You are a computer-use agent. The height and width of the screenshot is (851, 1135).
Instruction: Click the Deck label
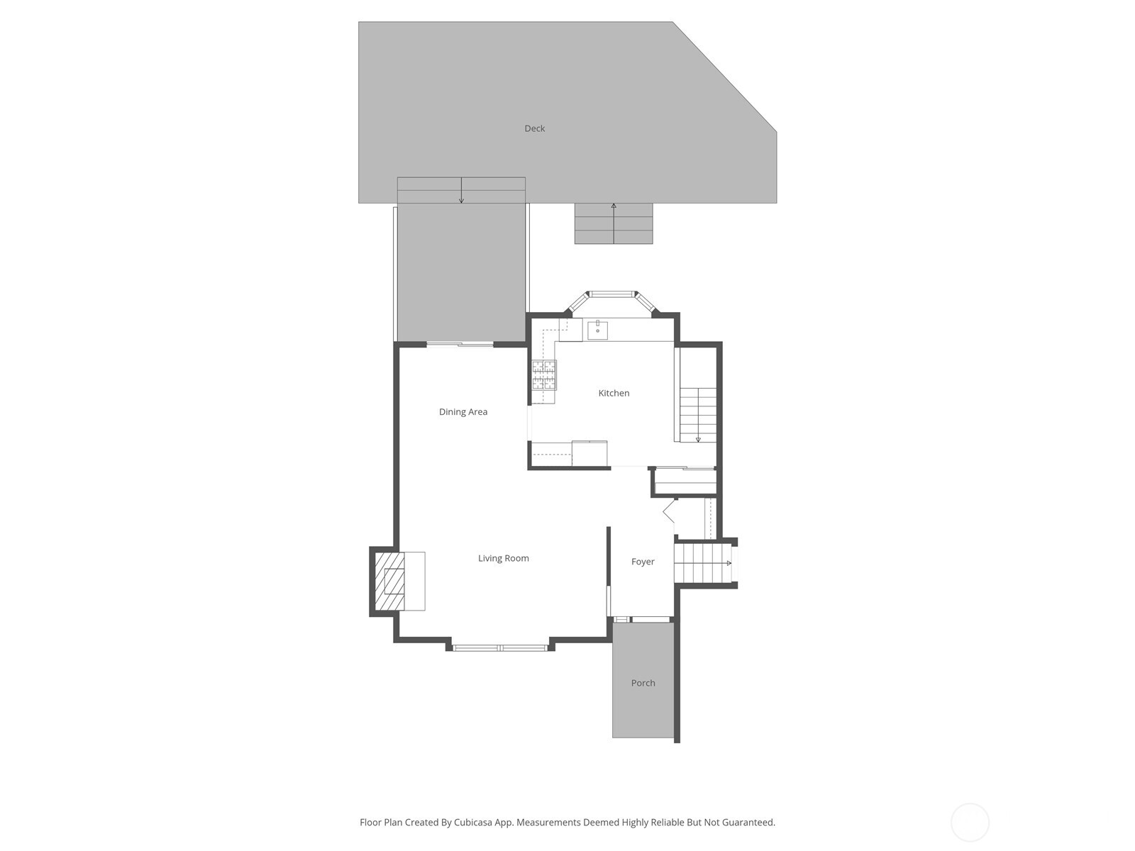(x=534, y=128)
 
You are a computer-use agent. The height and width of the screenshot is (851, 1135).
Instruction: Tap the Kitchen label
(x=614, y=393)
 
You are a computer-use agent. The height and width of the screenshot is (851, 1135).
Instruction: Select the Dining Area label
(x=463, y=412)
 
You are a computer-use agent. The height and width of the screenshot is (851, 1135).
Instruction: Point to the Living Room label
(x=503, y=558)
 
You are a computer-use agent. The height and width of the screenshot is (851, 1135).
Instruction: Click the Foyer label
(x=643, y=562)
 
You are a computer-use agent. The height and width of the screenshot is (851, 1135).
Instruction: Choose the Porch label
(x=643, y=683)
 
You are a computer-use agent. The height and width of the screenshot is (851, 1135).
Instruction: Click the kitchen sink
(x=597, y=330)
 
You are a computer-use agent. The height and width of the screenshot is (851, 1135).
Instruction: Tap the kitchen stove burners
(x=545, y=374)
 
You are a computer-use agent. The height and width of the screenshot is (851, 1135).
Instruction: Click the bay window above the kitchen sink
(x=613, y=294)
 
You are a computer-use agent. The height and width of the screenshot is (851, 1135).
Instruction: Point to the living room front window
(x=499, y=647)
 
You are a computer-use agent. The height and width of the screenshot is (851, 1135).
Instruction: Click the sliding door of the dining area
(x=460, y=345)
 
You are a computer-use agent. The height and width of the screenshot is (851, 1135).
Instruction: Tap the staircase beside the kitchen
(x=698, y=415)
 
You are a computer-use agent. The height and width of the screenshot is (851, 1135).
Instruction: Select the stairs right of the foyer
(x=702, y=563)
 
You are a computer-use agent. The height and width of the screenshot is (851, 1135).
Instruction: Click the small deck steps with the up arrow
(x=614, y=223)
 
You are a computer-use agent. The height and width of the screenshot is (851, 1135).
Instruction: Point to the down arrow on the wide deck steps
(x=461, y=191)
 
